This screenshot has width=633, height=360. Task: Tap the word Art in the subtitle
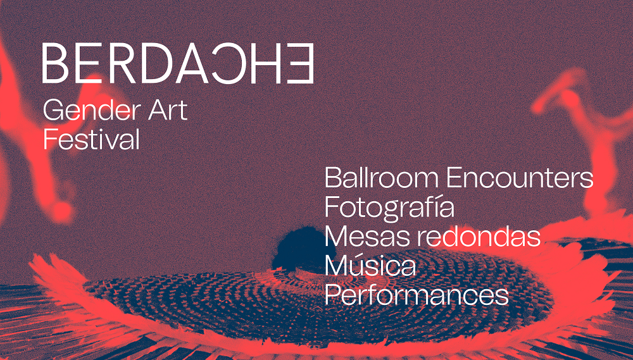tap(168, 110)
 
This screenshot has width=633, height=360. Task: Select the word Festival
tap(91, 139)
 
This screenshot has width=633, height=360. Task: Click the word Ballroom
tap(382, 177)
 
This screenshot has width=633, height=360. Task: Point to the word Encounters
tap(520, 178)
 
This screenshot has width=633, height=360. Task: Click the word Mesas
tap(367, 236)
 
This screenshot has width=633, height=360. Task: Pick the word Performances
tap(417, 295)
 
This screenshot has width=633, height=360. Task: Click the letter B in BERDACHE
tap(55, 63)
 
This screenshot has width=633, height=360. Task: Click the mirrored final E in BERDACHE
tap(301, 63)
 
